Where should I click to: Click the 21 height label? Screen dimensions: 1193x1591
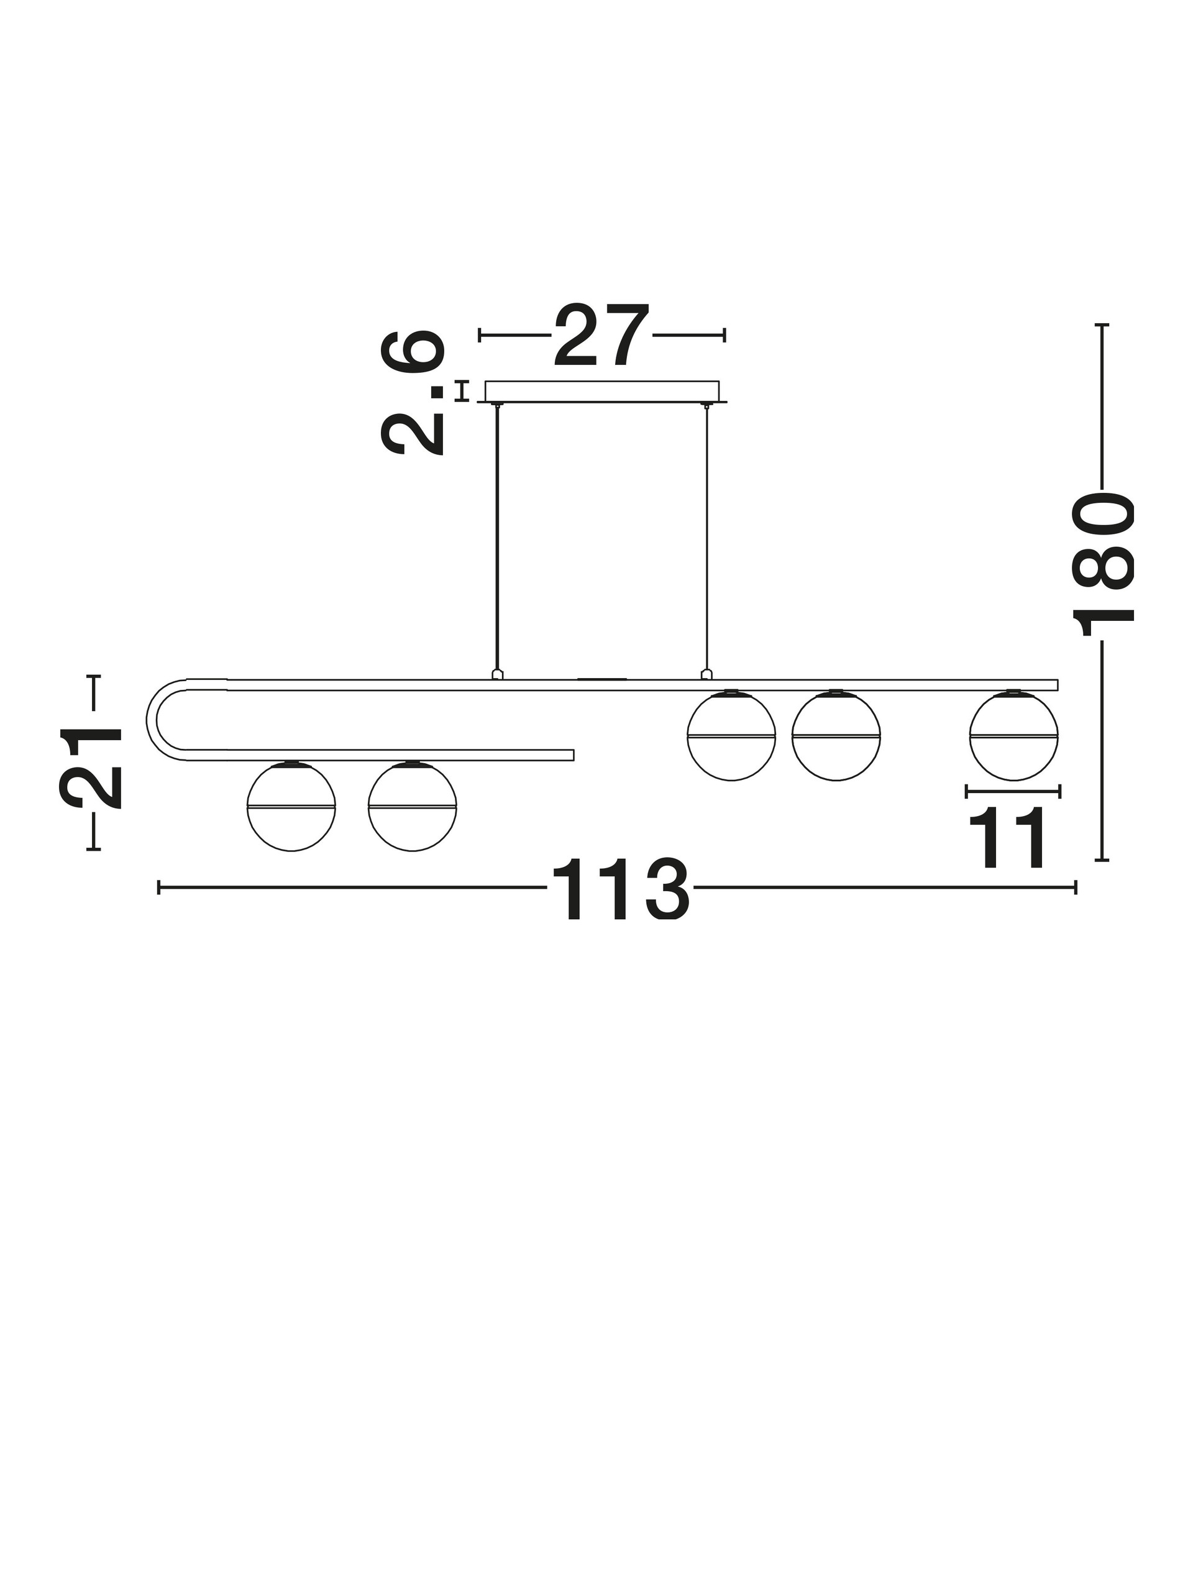coord(91,768)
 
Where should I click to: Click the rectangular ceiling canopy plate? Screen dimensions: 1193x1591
coord(602,392)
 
